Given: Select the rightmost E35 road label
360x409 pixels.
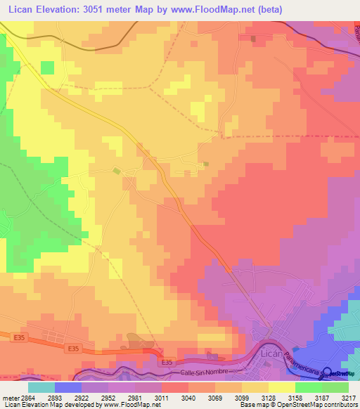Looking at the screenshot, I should (166, 362).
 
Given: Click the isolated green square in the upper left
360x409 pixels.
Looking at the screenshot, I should (47, 67).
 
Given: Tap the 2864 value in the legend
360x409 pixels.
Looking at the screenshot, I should (27, 397).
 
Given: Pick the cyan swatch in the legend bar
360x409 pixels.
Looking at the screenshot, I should (41, 387).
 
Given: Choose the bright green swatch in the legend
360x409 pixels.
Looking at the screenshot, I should (309, 387).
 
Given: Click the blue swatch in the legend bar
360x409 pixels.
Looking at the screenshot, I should (68, 387).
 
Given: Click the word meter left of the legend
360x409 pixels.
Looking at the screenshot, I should (10, 397).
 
